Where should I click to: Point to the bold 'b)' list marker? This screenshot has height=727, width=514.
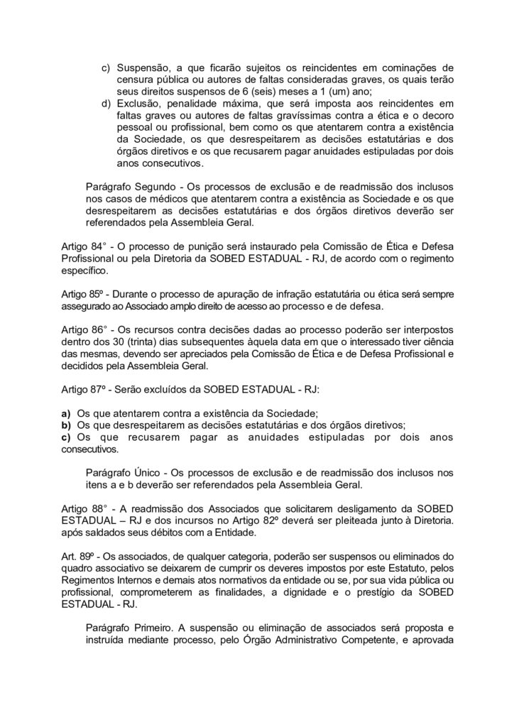tap(66, 426)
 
